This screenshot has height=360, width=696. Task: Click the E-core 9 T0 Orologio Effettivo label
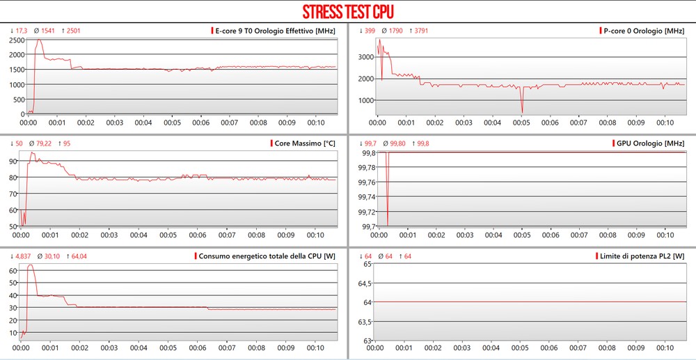[x=276, y=31]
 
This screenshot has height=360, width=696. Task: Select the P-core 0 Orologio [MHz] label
[x=644, y=31]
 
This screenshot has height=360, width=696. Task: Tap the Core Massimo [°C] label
[x=304, y=143]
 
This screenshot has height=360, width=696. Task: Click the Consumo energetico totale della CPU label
[x=267, y=256]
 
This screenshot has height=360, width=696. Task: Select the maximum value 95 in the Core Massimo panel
[x=66, y=143]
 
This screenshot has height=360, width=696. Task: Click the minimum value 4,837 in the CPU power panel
[x=22, y=256]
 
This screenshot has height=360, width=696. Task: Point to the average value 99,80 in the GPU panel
[x=398, y=143]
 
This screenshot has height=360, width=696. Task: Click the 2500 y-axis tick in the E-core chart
[x=16, y=40]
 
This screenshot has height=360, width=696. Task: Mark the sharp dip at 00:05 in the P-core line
[x=522, y=112]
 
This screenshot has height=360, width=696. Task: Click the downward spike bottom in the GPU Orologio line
[x=388, y=224]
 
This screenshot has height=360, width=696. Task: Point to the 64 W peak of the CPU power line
[x=31, y=265]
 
